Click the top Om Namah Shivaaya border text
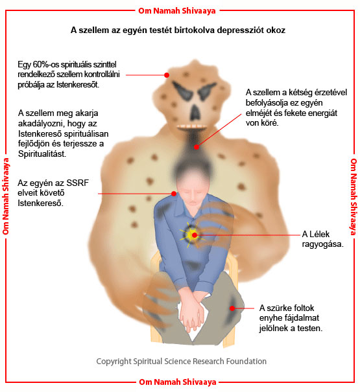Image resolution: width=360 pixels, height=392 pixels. (177, 11)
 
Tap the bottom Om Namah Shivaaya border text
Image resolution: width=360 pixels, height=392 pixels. (178, 382)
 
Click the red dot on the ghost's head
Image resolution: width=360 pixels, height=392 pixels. (167, 75)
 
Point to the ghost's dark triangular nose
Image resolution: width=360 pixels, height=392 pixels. (195, 113)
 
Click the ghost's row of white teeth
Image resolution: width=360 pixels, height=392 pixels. (192, 126)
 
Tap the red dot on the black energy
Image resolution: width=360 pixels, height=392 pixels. (197, 146)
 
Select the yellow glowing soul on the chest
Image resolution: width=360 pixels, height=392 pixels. (193, 235)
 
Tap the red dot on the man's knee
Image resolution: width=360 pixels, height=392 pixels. (232, 308)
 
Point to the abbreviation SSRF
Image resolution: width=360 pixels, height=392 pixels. (78, 183)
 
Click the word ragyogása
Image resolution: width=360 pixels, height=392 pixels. (322, 244)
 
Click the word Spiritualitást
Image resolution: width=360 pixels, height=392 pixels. (42, 154)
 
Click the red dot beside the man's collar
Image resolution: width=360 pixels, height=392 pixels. (174, 194)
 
